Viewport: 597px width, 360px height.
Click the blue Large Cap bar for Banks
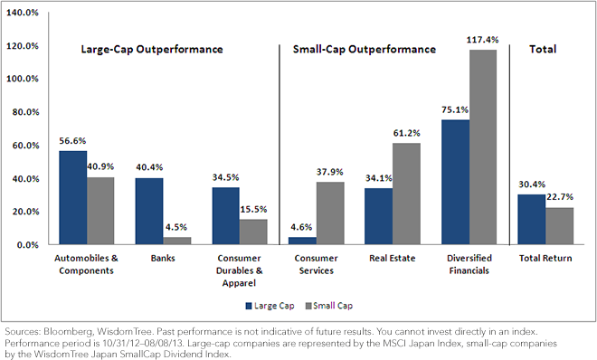click(149, 211)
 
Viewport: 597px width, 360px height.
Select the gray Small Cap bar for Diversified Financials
click(483, 147)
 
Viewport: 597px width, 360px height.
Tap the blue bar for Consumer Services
click(303, 241)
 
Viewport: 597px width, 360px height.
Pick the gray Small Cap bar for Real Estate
click(406, 194)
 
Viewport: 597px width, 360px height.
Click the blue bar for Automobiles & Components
click(73, 197)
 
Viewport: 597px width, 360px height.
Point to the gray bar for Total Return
click(559, 226)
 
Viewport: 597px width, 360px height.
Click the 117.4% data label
click(482, 40)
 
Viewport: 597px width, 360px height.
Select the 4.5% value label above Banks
click(175, 227)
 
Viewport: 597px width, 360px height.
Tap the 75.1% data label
click(455, 110)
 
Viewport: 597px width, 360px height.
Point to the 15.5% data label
click(253, 209)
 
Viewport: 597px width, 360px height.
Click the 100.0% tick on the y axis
click(23, 79)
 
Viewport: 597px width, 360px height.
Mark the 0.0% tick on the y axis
click(28, 245)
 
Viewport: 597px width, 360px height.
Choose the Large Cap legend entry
click(270, 306)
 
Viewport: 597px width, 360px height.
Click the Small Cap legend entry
click(329, 306)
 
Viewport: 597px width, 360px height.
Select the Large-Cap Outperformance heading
click(152, 50)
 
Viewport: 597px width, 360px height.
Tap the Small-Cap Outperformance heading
click(365, 50)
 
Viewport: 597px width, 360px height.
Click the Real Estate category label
click(393, 259)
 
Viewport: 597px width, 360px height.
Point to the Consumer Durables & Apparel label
click(240, 270)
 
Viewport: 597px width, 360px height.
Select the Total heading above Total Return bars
click(543, 49)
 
